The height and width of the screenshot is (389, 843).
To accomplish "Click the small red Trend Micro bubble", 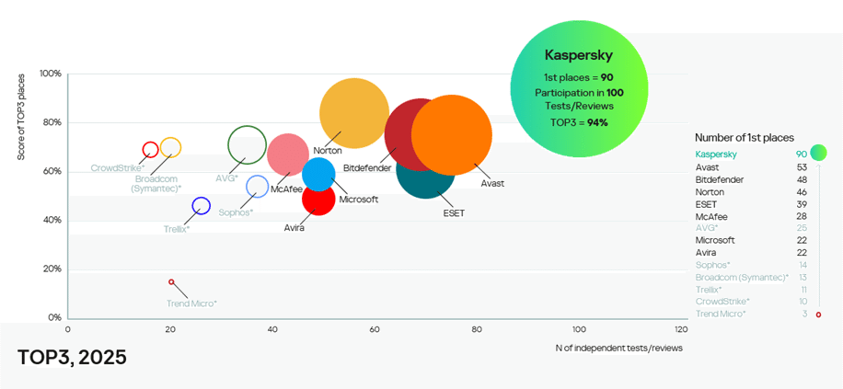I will (x=171, y=282).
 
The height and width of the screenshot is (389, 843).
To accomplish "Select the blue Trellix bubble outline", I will (x=201, y=206).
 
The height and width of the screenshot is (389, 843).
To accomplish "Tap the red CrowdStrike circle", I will (x=151, y=150).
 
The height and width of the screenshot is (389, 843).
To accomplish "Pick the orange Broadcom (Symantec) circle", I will (x=170, y=147).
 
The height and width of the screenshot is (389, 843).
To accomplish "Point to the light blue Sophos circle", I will (x=257, y=187).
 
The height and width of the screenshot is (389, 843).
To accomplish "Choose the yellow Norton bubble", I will (x=353, y=113).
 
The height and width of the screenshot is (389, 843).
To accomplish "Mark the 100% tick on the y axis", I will (x=51, y=74).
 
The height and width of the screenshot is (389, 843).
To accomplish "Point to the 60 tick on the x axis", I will (x=374, y=328).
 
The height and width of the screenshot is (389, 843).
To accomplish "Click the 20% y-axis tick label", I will (x=52, y=269).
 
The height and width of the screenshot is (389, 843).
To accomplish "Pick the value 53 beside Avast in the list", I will (x=802, y=166).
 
